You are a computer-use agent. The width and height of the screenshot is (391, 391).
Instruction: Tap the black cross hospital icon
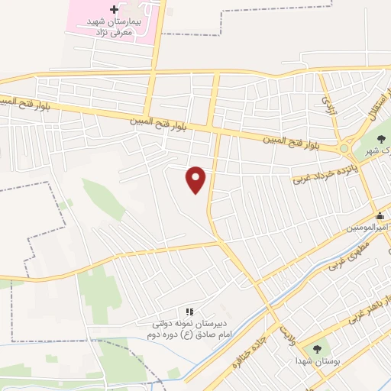[114, 10]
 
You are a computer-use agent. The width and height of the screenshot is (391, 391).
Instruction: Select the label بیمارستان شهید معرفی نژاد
[114, 28]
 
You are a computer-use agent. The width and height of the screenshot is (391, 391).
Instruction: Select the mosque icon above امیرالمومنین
[380, 216]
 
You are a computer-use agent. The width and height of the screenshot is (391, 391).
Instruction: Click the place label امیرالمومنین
[367, 228]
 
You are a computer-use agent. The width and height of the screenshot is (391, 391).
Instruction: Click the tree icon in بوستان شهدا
[318, 347]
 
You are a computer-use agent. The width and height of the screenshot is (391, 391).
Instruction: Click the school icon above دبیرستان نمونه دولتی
[190, 312]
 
